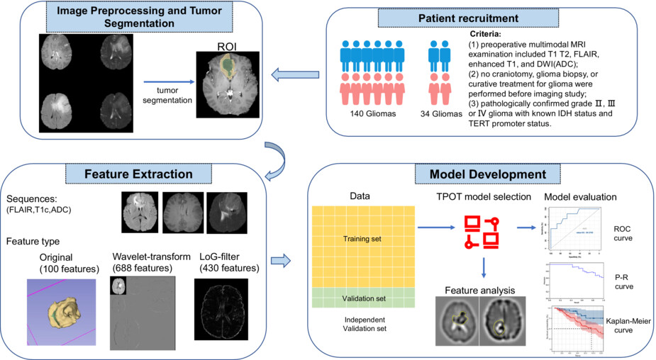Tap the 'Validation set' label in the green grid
tap(363, 298)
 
